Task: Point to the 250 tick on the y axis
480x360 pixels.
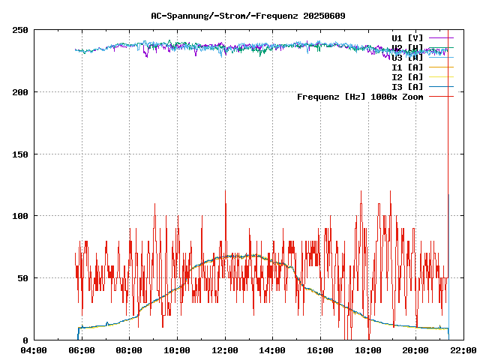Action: point(20,30)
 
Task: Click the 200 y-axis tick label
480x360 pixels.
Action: point(20,92)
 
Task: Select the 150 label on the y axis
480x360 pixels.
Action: point(20,154)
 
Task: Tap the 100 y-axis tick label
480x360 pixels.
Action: point(20,216)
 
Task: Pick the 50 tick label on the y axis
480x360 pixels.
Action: point(22,278)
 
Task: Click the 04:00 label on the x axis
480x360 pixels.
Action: point(34,349)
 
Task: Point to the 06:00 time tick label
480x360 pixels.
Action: point(81,349)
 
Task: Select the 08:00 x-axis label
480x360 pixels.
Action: point(129,349)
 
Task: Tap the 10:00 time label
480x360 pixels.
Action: point(177,349)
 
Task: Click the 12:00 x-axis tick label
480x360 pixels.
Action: point(225,349)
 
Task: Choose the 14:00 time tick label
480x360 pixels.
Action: point(272,349)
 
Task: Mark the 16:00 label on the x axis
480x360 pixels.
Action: point(320,349)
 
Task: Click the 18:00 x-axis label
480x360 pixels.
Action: point(368,349)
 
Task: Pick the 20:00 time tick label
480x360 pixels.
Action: point(415,349)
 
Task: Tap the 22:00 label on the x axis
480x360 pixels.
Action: point(463,349)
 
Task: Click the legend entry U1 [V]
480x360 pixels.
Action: point(407,37)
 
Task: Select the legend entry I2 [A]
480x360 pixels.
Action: point(407,76)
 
